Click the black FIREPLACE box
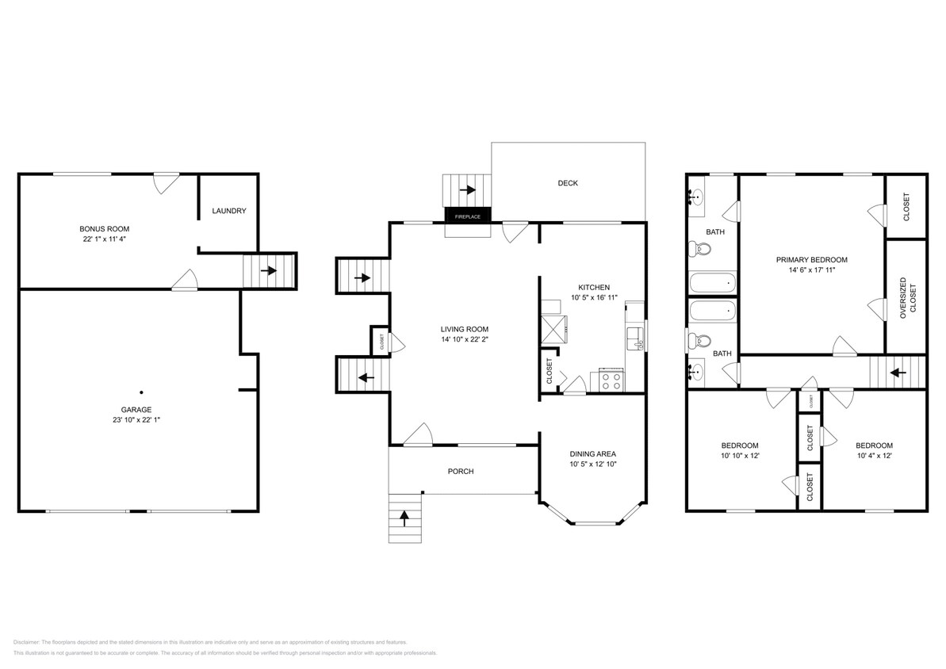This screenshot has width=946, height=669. [468, 215]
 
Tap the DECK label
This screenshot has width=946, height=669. [568, 183]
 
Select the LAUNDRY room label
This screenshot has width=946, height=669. [229, 211]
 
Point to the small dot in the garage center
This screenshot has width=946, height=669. [141, 392]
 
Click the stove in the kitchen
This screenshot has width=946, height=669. [611, 380]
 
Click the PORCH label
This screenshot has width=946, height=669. [461, 472]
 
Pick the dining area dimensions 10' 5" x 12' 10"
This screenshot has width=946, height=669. [593, 464]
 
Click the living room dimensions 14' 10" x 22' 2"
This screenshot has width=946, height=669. [465, 339]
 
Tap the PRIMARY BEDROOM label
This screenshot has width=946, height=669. [812, 260]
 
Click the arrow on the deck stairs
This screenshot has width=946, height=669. [467, 190]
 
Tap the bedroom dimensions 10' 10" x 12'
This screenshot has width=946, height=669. [740, 456]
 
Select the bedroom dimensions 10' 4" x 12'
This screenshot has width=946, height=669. [875, 456]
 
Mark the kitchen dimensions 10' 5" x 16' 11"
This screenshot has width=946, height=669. [593, 298]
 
